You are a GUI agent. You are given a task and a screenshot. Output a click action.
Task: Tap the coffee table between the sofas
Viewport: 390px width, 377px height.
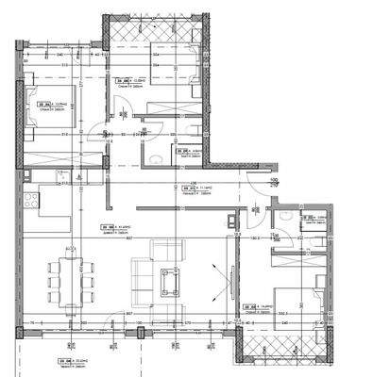pos(172,280)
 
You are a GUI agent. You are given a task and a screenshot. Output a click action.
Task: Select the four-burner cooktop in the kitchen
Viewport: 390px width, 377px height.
pos(29,200)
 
